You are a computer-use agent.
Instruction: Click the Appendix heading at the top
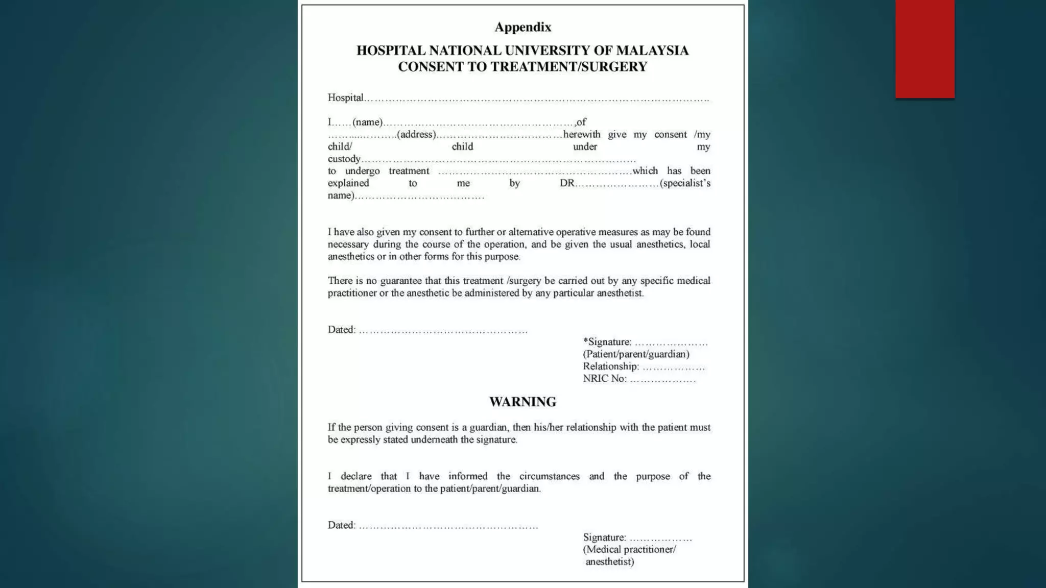point(522,27)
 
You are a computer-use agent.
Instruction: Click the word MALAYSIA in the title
point(652,51)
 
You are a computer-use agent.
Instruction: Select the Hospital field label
point(345,97)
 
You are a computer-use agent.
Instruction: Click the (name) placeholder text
point(367,122)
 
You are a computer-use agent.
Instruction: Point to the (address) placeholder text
point(416,134)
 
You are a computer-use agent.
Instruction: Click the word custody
point(344,159)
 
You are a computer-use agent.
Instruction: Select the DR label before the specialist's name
point(567,183)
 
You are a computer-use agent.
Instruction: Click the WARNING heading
point(522,402)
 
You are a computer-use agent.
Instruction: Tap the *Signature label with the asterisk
point(607,342)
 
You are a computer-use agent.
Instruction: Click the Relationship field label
point(610,366)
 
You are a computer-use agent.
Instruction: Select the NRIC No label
point(604,379)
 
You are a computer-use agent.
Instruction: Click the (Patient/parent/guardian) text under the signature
point(636,354)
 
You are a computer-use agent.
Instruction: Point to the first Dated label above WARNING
point(341,330)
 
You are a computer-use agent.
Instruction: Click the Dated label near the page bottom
point(341,525)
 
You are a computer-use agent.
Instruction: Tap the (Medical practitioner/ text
point(629,550)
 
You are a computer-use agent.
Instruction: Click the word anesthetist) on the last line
point(609,562)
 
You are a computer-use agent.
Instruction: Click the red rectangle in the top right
point(924,48)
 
